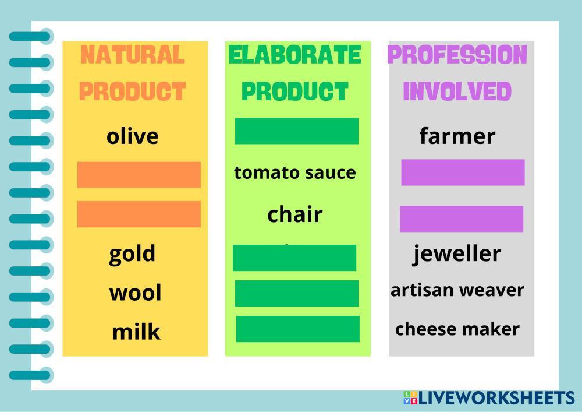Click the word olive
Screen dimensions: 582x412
[x=133, y=136]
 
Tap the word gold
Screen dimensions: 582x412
[x=132, y=254]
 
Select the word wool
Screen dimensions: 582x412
[x=136, y=293]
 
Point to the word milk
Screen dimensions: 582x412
[x=136, y=332]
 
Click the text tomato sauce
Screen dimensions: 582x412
[x=295, y=172]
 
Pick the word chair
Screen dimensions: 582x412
[x=295, y=214]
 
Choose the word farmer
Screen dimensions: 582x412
[x=457, y=136]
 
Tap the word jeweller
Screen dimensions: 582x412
[x=457, y=253]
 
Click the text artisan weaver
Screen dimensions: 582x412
[x=457, y=290]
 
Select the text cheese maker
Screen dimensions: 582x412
[x=457, y=329]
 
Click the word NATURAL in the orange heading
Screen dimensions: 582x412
[x=133, y=55]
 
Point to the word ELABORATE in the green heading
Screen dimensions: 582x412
[x=295, y=55]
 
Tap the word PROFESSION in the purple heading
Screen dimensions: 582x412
[x=457, y=55]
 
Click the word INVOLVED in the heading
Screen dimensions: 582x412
[x=457, y=91]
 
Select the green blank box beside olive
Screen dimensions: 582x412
[x=297, y=131]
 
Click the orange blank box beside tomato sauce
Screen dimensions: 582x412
[x=139, y=175]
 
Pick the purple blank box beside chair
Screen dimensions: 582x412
[x=462, y=219]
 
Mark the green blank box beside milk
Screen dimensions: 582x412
[x=297, y=329]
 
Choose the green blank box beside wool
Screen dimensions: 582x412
[x=297, y=294]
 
